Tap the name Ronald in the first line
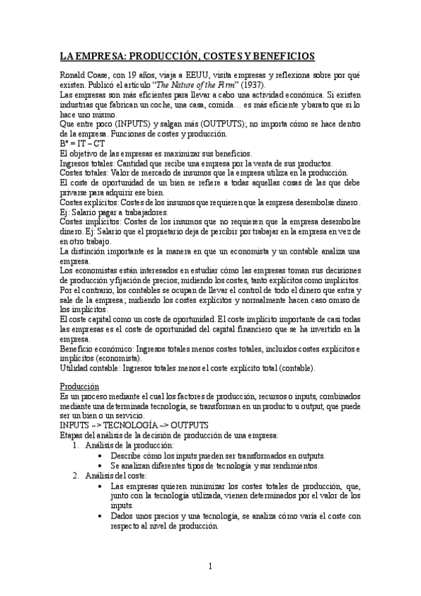(x=73, y=74)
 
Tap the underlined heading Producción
(x=79, y=387)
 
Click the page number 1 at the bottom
(x=210, y=566)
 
